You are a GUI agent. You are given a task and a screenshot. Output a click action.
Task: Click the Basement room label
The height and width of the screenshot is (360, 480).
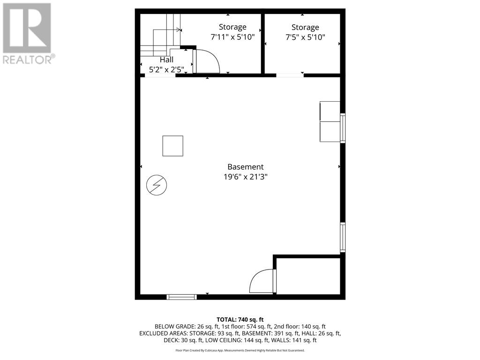245,167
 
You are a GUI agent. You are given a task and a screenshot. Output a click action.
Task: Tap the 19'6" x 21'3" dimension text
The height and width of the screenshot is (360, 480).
246,177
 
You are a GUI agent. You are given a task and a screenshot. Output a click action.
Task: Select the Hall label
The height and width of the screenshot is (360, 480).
166,60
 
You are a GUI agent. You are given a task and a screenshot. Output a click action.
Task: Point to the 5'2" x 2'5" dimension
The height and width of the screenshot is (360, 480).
166,70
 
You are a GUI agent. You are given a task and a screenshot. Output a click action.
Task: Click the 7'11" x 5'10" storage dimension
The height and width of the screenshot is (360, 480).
232,37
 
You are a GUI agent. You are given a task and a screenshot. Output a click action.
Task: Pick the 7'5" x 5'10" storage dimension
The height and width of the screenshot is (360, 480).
305,37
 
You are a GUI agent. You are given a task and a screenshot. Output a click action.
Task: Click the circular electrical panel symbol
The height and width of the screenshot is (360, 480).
157,185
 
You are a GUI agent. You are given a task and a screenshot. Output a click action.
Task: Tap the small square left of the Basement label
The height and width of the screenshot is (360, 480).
172,146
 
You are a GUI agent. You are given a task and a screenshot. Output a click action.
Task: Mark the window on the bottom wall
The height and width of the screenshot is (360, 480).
181,297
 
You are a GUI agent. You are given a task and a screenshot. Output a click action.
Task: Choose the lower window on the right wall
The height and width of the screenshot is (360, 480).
343,237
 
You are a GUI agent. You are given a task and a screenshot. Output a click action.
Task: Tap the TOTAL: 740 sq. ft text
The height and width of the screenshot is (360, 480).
240,320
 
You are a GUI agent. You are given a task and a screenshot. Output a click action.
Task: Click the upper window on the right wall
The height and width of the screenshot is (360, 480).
343,128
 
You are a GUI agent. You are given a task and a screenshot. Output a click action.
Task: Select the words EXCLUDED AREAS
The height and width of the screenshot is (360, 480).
163,333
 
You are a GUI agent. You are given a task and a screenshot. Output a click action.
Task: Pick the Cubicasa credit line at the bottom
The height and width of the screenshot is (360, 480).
240,350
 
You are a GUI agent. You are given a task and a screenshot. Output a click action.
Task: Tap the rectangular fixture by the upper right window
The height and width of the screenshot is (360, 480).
330,121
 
